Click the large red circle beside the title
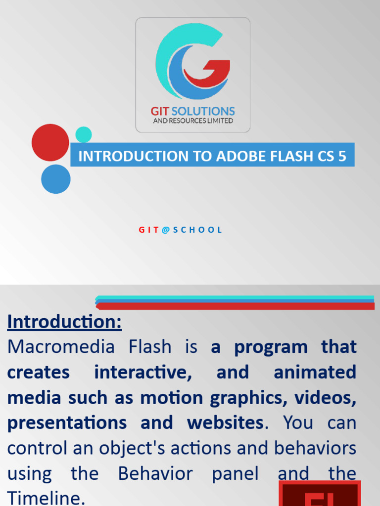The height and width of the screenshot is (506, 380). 50,142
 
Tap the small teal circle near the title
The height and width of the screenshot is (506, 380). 84,134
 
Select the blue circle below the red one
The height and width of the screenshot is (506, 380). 55,179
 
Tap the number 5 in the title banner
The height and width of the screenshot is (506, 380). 342,157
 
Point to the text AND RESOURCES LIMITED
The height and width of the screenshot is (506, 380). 193,121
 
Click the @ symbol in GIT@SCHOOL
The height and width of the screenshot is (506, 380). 166,230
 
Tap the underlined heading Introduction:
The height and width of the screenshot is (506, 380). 64,322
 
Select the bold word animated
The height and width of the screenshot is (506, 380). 314,372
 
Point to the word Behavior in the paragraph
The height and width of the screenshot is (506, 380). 155,474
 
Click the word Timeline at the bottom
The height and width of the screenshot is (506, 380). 43,498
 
